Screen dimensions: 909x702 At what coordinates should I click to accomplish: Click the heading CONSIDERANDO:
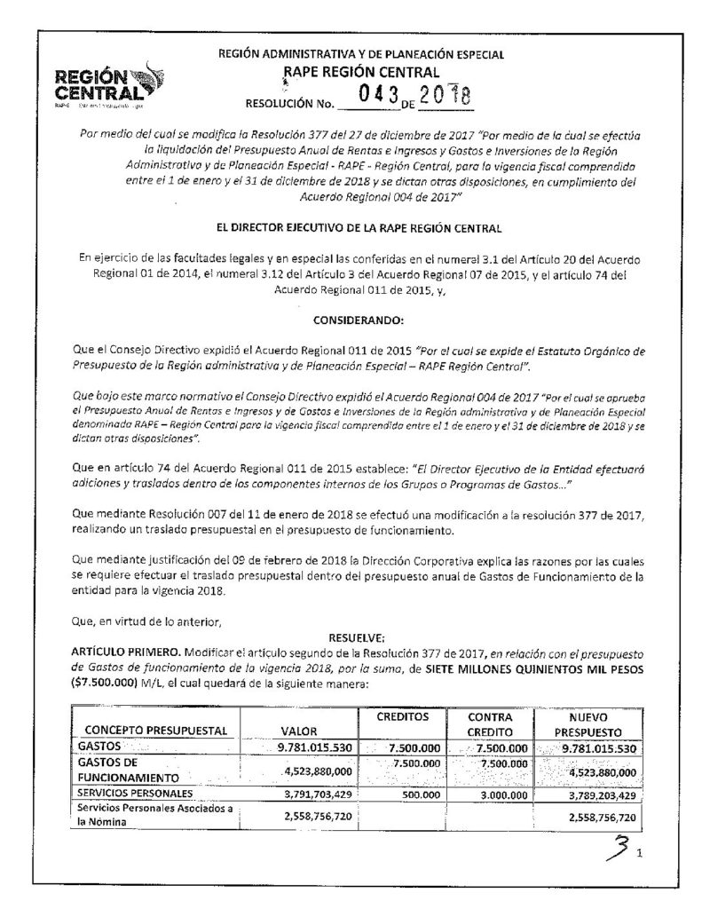tap(350, 317)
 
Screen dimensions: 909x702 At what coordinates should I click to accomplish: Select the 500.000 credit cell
tap(421, 792)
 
